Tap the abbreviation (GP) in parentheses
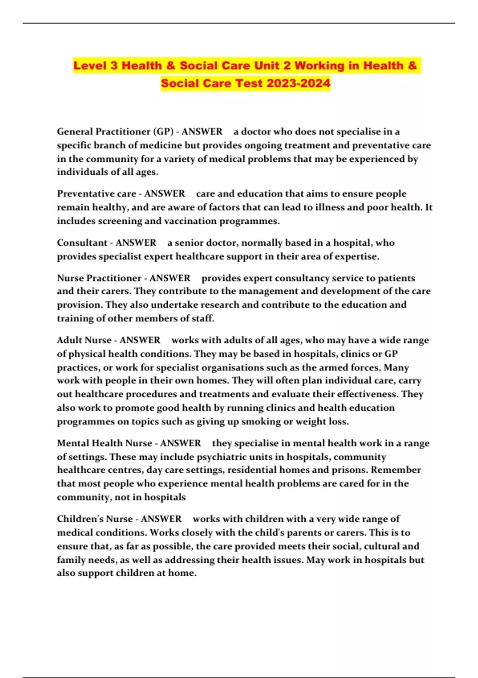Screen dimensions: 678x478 pos(161,132)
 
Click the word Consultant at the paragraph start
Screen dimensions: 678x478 pos(81,243)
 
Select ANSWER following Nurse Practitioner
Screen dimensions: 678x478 pos(170,278)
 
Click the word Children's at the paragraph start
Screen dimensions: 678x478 pos(78,519)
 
